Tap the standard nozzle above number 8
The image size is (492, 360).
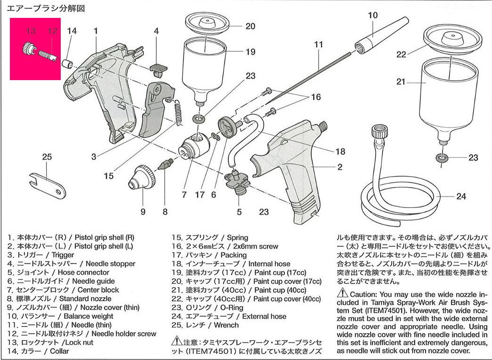coord(165,165)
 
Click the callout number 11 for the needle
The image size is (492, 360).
coord(319,45)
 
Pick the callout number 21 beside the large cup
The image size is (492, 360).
coord(401,82)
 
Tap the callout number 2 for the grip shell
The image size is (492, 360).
coord(339,167)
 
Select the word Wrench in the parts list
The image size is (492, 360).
coord(226,325)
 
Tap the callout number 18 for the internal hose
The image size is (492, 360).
coord(339,152)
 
